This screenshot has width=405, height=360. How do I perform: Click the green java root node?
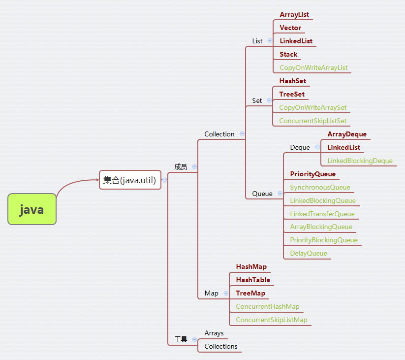coord(32,209)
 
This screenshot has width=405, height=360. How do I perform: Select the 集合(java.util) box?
coord(130,180)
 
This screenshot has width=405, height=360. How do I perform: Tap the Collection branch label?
coord(219,134)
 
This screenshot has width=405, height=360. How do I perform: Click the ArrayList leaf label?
coord(294,15)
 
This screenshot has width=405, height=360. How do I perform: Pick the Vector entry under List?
coord(290,28)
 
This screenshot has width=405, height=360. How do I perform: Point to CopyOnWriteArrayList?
coord(313,67)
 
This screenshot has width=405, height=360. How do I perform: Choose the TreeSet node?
coord(292,94)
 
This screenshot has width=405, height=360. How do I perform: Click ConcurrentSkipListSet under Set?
coord(312,121)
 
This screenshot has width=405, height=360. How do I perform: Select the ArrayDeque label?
coord(347,134)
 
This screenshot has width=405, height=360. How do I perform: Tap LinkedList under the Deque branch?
coord(343,147)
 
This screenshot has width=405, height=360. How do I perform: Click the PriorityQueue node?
coord(312,174)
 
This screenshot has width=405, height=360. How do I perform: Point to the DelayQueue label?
coord(308,254)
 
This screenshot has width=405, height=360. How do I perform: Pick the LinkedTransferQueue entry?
coord(322,214)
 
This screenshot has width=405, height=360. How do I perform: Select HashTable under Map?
coord(253,280)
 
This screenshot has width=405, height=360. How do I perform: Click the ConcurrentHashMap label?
coord(267,306)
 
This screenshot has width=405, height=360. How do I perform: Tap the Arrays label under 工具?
coord(214,333)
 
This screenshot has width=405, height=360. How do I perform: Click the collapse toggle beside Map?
coord(226,293)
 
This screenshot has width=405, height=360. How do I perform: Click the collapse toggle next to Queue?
coord(279,194)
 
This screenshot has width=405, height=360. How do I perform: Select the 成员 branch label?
coord(181,167)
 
